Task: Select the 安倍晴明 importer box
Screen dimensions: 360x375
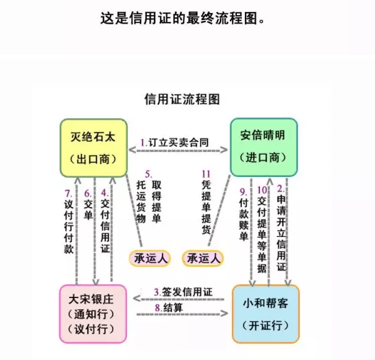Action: [x=261, y=146]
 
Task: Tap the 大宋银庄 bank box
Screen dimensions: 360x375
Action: [x=92, y=313]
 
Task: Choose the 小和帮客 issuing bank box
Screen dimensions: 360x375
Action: [x=266, y=313]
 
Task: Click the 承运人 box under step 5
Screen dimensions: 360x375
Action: [x=149, y=258]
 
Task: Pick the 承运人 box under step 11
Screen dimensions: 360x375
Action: [x=204, y=258]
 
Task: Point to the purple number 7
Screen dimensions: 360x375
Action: [x=68, y=192]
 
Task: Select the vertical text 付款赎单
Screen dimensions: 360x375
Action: [x=244, y=219]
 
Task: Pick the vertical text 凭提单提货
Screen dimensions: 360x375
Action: [x=206, y=206]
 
